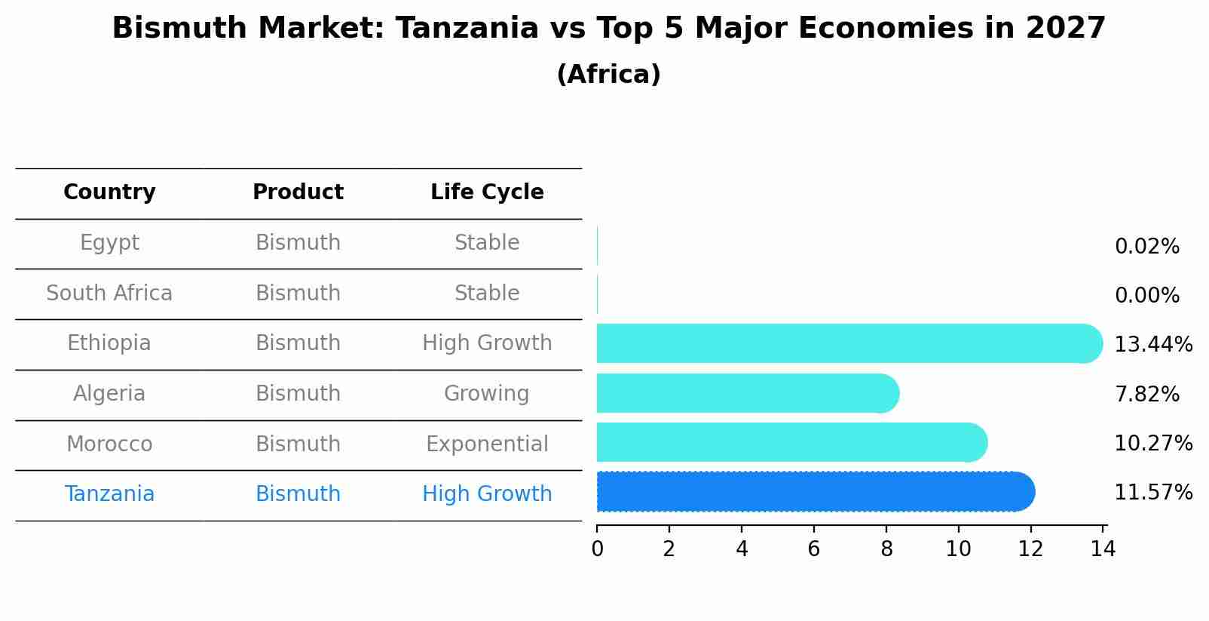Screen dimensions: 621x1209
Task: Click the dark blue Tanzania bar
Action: point(814,492)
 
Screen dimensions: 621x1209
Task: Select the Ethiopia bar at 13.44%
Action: point(848,343)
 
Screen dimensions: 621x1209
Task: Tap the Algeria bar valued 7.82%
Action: point(746,393)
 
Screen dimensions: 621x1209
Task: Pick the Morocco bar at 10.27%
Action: point(791,442)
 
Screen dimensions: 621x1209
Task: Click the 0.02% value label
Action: point(1146,247)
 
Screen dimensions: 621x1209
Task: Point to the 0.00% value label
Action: point(1146,296)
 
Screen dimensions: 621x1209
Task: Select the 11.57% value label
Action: point(1152,493)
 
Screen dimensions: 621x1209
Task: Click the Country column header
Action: point(109,192)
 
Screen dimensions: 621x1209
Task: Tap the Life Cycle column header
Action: point(487,192)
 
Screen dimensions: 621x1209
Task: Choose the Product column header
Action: point(298,192)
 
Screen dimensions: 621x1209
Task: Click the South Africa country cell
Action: point(109,294)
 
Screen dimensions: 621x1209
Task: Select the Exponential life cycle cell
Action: point(487,444)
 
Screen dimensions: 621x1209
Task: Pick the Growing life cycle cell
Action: point(487,394)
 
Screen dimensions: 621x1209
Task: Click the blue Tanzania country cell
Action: point(109,494)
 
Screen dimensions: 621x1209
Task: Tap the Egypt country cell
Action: point(109,243)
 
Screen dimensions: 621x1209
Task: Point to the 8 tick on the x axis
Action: point(886,549)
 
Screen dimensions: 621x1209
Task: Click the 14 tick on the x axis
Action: point(1103,549)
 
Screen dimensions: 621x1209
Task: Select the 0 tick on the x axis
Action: point(597,549)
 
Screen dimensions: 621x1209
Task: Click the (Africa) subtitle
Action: point(608,75)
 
